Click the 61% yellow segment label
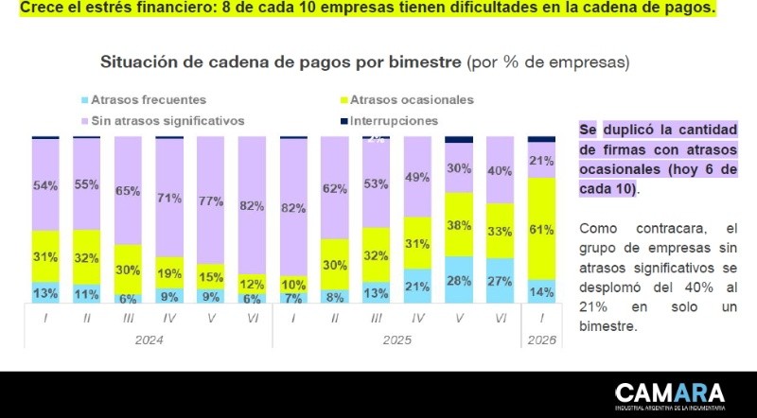coord(541,229)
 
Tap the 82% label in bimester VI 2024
coord(253,206)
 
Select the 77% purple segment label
coord(211,201)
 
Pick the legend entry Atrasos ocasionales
coord(412,99)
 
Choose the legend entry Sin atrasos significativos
coord(164,121)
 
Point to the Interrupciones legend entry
coord(394,121)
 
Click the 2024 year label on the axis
coord(150,339)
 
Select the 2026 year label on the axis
coord(542,339)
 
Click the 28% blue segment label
coord(459,281)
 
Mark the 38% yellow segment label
coord(459,225)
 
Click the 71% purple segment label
coord(169,198)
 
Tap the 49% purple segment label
coord(417,177)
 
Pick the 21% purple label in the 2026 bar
coord(541,160)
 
